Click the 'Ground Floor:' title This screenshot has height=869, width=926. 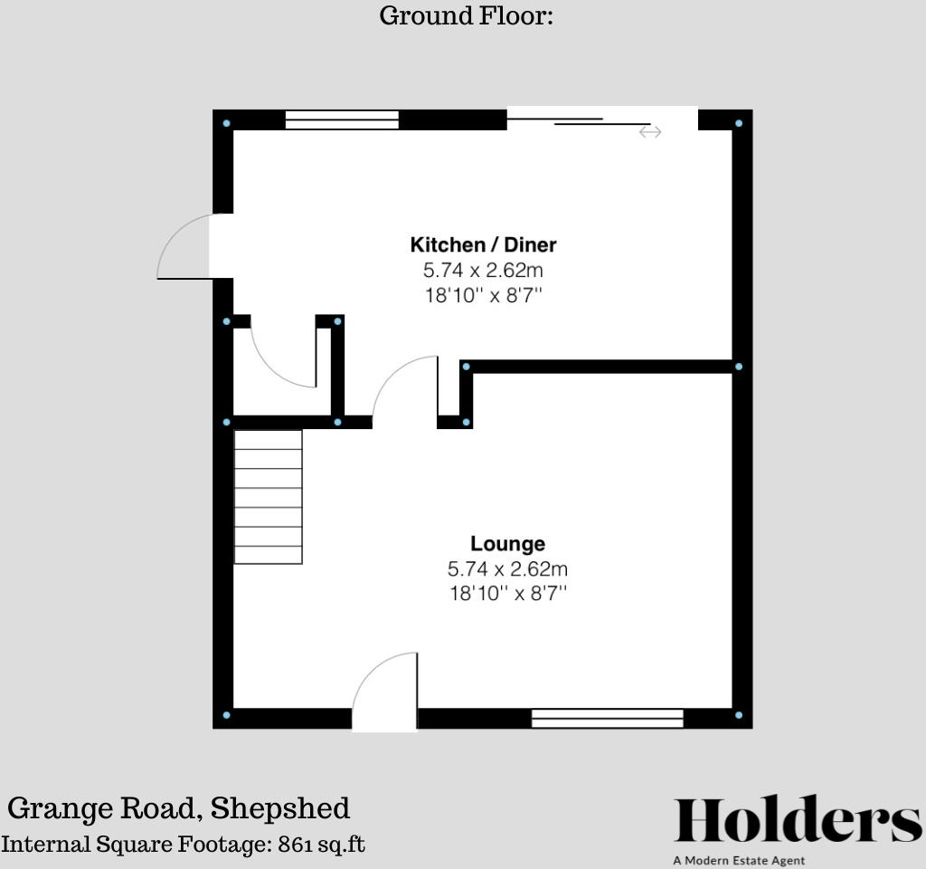pyautogui.click(x=466, y=16)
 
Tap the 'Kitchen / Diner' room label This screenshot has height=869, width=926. pyautogui.click(x=483, y=244)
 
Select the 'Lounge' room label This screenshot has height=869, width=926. pyautogui.click(x=507, y=544)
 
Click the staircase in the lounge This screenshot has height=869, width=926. pyautogui.click(x=268, y=497)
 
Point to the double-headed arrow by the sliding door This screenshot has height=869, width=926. pyautogui.click(x=650, y=132)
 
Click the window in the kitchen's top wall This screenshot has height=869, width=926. pyautogui.click(x=342, y=120)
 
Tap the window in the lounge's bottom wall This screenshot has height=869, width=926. pyautogui.click(x=607, y=719)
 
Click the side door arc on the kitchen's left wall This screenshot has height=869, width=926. pyautogui.click(x=184, y=246)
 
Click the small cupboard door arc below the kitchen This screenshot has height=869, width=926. pyautogui.click(x=282, y=356)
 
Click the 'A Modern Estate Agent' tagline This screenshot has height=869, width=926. pyautogui.click(x=739, y=860)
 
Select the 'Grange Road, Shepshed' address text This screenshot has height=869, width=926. pyautogui.click(x=179, y=807)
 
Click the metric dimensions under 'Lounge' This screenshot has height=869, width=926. pyautogui.click(x=507, y=569)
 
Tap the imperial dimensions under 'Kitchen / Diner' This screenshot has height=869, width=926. pyautogui.click(x=483, y=295)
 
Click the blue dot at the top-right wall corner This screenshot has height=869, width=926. pyautogui.click(x=739, y=123)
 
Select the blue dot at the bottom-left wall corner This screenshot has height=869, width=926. pyautogui.click(x=226, y=715)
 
